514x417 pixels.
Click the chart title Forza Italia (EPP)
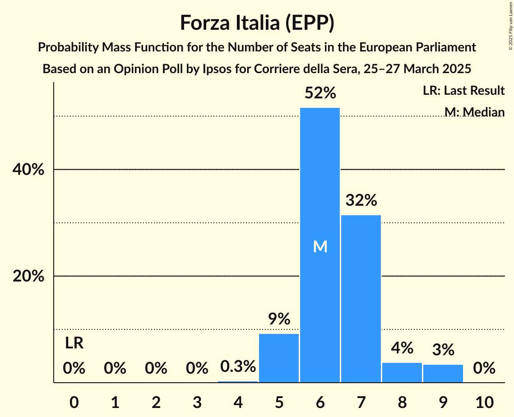click(x=257, y=23)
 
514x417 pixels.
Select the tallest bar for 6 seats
click(x=320, y=245)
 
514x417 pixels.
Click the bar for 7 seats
click(x=361, y=299)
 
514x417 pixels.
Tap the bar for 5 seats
click(x=279, y=358)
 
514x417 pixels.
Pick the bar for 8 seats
click(x=402, y=372)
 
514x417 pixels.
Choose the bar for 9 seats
click(x=443, y=373)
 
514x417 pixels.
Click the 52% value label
click(x=320, y=93)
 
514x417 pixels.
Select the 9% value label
click(x=279, y=320)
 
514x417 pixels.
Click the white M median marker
click(x=320, y=246)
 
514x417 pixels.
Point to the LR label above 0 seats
click(x=74, y=343)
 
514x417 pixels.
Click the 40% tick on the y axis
click(x=28, y=170)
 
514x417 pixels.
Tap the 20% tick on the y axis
click(x=28, y=276)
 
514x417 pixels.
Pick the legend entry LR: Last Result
click(x=463, y=91)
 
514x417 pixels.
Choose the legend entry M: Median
click(x=474, y=111)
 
